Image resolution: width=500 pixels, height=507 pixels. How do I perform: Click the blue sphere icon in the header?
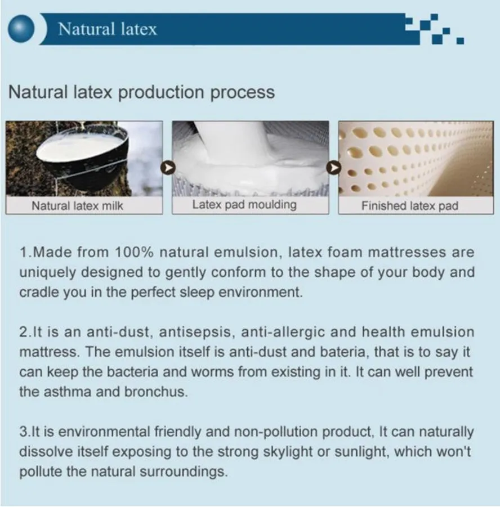pyautogui.click(x=21, y=29)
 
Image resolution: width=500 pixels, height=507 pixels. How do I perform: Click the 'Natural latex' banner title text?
pyautogui.click(x=108, y=29)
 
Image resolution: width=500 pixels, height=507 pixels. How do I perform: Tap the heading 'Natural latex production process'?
pyautogui.click(x=141, y=92)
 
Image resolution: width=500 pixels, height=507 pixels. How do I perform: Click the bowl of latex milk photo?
pyautogui.click(x=84, y=159)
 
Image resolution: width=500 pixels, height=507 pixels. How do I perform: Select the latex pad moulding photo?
pyautogui.click(x=251, y=159)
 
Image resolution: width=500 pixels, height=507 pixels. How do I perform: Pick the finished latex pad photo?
pyautogui.click(x=416, y=159)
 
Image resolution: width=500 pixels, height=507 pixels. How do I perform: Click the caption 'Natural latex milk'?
pyautogui.click(x=77, y=205)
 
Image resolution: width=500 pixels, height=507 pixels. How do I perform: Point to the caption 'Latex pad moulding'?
pyautogui.click(x=244, y=205)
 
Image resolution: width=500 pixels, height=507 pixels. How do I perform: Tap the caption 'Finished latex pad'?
pyautogui.click(x=410, y=205)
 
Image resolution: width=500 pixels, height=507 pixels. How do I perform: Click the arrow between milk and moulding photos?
pyautogui.click(x=168, y=168)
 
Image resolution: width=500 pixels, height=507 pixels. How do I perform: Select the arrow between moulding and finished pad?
pyautogui.click(x=334, y=168)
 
